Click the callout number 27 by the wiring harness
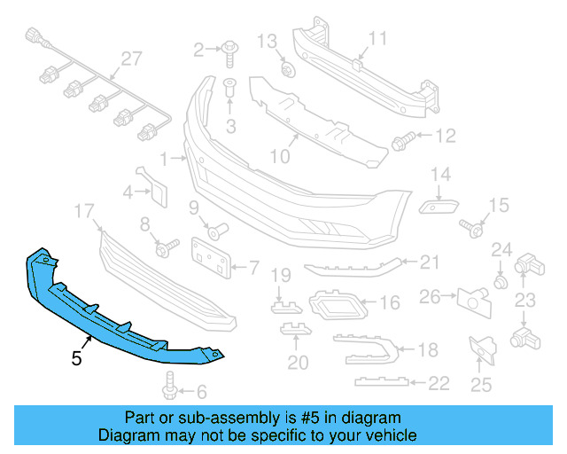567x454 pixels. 131,59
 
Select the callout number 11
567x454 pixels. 378,38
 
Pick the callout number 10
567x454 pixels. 279,157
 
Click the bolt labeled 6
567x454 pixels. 171,387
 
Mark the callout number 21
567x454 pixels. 430,262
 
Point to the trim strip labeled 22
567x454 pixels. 381,382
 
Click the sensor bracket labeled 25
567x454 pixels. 482,350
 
